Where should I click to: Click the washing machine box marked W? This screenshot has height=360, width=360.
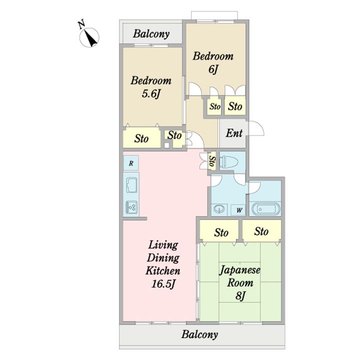pos(239,210)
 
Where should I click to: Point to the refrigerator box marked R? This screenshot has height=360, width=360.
pos(131,163)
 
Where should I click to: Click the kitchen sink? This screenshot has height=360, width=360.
pos(131,185)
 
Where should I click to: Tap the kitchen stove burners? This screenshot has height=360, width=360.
pos(131,207)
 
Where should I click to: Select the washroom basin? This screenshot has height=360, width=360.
pos(219,209)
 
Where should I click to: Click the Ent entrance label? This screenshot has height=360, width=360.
pos(234,133)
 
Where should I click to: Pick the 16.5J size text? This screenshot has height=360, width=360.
pos(163,284)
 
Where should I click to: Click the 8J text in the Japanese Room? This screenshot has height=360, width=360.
pos(240,295)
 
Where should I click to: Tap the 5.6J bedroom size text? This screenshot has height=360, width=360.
pos(151,93)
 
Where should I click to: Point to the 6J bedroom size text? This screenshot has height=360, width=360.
pos(213,69)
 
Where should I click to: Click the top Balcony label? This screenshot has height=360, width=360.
pos(151,34)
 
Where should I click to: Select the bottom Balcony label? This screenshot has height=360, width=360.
pos(199,334)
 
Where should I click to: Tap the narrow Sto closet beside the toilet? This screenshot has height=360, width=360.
pos(212,161)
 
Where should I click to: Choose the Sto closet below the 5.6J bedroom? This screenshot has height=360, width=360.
pos(141,138)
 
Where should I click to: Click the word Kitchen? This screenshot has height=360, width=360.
pos(163,271)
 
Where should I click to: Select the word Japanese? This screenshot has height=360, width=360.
pos(239,270)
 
